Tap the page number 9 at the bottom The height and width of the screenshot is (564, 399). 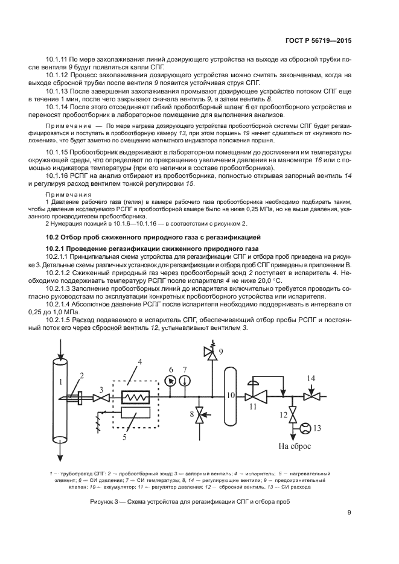pyautogui.click(x=349, y=513)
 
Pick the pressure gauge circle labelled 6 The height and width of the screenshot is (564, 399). pyautogui.click(x=170, y=381)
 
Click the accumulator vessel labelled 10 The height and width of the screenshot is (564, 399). pyautogui.click(x=232, y=396)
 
